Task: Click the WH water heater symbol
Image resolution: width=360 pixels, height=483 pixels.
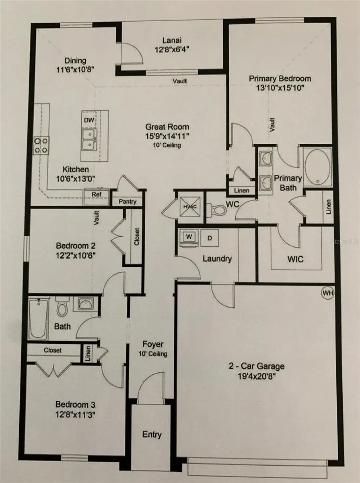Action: point(328,293)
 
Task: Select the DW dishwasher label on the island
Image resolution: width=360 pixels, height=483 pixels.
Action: point(88,120)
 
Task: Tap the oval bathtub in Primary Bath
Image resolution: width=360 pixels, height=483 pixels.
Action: point(318,167)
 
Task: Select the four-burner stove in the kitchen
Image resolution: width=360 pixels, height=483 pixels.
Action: point(41,145)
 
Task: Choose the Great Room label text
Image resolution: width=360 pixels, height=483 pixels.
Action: point(167,127)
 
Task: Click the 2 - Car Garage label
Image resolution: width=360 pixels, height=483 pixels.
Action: point(256,366)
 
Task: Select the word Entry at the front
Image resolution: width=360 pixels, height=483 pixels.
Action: point(152,434)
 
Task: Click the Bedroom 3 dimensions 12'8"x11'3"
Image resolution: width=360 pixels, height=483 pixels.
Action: point(75,413)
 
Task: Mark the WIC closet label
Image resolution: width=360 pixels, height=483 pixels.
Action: point(296,259)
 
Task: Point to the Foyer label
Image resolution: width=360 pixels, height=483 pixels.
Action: point(153,345)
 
